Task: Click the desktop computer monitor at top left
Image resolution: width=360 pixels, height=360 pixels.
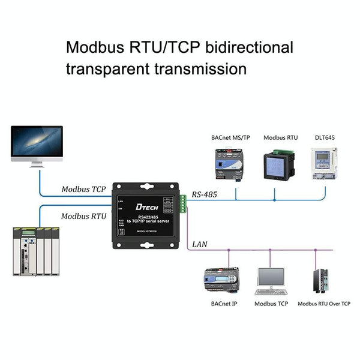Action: (37, 145)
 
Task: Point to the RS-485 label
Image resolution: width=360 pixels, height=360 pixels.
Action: (205, 194)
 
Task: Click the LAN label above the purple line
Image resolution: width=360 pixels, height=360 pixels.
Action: (200, 245)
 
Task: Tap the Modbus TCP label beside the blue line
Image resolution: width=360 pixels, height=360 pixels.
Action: (83, 189)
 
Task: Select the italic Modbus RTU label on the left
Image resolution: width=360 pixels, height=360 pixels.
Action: (83, 216)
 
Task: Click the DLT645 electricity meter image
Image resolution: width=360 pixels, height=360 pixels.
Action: (323, 164)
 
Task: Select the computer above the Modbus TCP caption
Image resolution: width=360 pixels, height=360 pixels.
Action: (271, 281)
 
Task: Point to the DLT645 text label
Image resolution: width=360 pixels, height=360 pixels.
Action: (325, 137)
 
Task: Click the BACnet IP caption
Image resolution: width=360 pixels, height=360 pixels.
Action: (224, 304)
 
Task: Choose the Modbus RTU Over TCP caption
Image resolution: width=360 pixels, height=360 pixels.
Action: (324, 304)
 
